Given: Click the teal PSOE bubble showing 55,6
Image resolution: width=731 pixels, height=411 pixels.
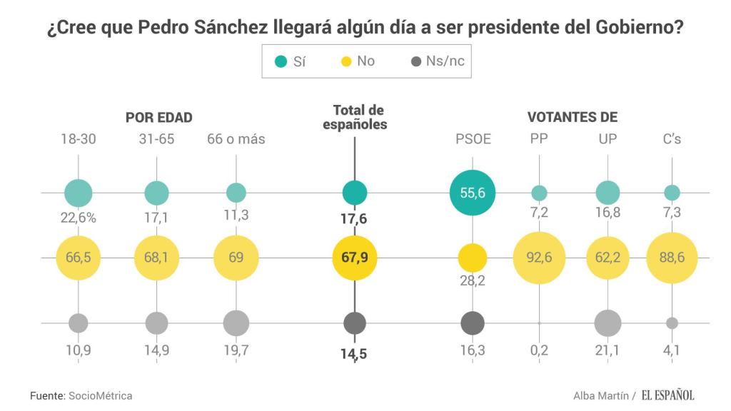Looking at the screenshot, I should point(473,192).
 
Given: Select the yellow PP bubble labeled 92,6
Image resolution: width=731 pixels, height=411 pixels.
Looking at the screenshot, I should point(539,258).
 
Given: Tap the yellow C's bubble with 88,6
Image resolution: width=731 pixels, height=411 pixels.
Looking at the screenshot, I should point(672,258).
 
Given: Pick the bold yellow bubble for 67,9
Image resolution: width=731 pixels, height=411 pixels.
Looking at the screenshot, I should point(355,258).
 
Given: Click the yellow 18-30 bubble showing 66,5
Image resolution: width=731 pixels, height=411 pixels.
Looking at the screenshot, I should point(79,258).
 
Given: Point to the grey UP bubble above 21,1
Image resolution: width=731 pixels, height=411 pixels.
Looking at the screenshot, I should point(608,323).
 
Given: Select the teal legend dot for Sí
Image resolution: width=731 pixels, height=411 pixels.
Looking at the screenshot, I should point(281,61).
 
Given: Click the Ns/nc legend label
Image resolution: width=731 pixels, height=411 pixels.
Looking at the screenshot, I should point(445,61).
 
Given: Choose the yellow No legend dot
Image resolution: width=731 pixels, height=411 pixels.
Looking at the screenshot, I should point(345,61).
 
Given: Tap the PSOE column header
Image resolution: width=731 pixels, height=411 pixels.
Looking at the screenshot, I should point(473,139).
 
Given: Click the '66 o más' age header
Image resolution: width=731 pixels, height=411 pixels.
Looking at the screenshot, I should point(236,139).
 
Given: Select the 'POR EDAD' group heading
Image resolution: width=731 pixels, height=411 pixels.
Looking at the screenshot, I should point(159,118).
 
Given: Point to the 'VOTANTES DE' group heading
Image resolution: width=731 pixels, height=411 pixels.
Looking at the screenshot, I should point(572,118).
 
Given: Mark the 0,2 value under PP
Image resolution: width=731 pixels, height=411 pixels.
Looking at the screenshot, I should point(539,352).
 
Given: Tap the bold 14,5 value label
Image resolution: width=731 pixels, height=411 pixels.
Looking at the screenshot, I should point(355,352).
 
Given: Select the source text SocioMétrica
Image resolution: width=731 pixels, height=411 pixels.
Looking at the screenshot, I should point(100,395).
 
